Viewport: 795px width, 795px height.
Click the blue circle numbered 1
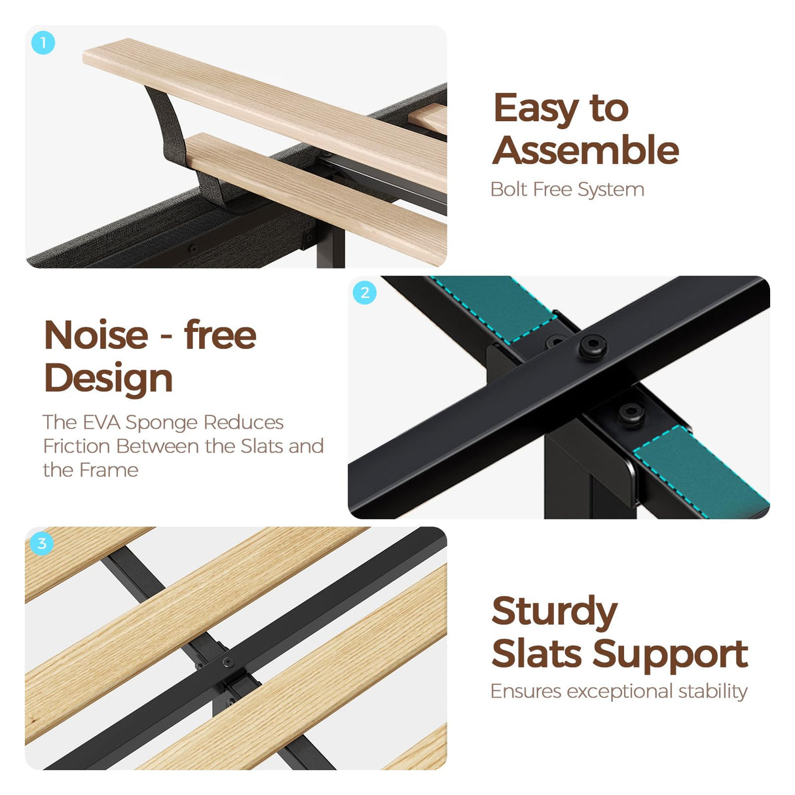pos(43,43)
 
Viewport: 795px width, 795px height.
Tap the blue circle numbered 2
pos(365,293)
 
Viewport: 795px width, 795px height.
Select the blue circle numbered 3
pos(42,544)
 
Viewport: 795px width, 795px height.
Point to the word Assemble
pos(585,150)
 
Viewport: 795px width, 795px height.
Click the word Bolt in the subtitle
pos(509,189)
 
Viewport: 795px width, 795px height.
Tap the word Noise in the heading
pos(96,335)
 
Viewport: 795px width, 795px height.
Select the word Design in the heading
pos(108,379)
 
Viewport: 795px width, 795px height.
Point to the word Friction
pos(77,446)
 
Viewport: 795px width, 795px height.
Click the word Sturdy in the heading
pos(554,614)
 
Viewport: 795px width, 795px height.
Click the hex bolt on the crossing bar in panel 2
pos(593,344)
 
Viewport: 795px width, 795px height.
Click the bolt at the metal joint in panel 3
pos(228,663)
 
